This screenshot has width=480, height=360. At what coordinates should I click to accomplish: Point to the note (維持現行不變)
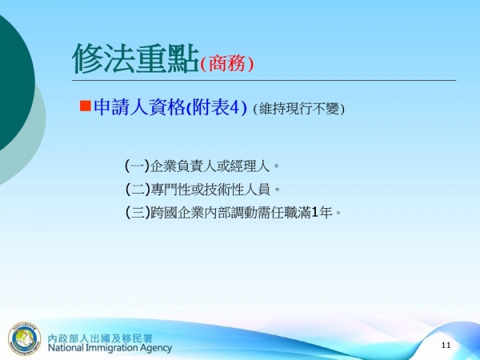pos(298,109)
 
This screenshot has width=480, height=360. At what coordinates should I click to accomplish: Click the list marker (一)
pos(137,166)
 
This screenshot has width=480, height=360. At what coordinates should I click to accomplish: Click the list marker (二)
pos(137,190)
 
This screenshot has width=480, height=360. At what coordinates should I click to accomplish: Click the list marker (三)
pos(137,213)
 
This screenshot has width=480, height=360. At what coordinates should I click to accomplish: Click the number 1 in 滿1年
pos(315,213)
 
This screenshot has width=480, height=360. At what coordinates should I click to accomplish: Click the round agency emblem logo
pos(24,338)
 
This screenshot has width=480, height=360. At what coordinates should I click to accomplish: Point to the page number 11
pos(446,345)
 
